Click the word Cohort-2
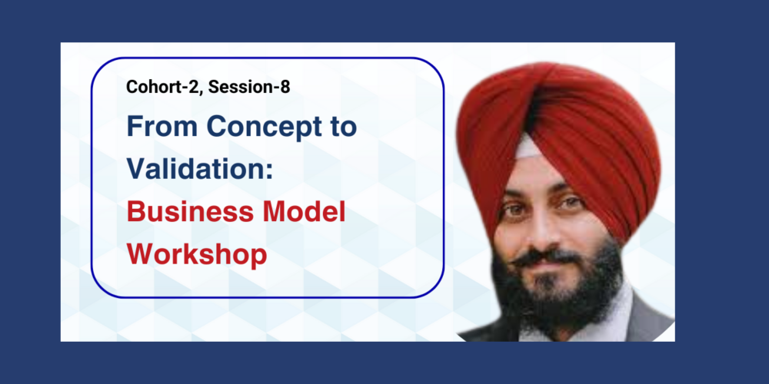(165, 88)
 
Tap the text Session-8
(249, 87)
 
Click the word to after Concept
(342, 127)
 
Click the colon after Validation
(268, 170)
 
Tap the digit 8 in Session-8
(285, 88)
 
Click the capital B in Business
(136, 212)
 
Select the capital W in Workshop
(141, 253)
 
